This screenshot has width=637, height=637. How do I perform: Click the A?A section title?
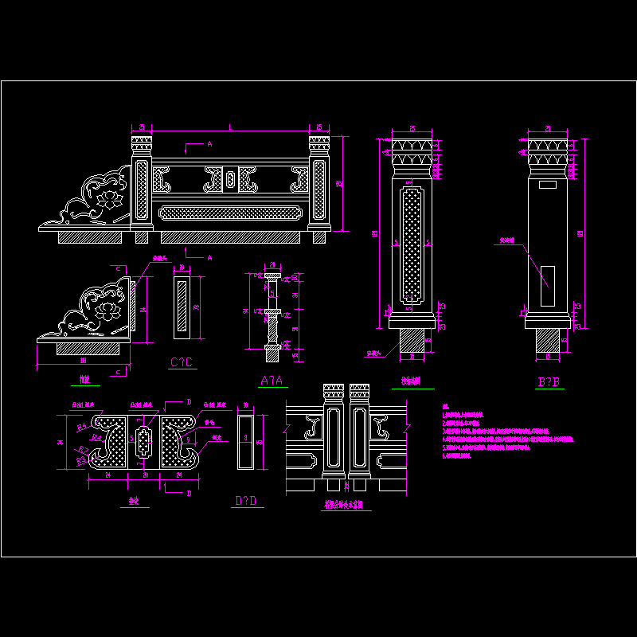tap(272, 381)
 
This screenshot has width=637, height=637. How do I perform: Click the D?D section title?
tap(245, 500)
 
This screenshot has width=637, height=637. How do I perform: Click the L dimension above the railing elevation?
tap(231, 127)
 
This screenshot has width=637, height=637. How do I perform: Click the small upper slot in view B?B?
tap(547, 185)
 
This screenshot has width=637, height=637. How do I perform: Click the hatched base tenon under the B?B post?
tap(549, 340)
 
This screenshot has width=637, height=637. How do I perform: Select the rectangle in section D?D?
tap(246, 440)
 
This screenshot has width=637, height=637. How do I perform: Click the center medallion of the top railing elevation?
tap(231, 180)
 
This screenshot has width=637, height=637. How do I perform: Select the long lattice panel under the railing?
tap(230, 213)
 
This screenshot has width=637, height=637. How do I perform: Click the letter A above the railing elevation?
tap(209, 144)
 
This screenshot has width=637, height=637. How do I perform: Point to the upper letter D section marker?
tap(188, 402)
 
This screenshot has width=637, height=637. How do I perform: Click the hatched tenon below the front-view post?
tap(411, 340)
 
